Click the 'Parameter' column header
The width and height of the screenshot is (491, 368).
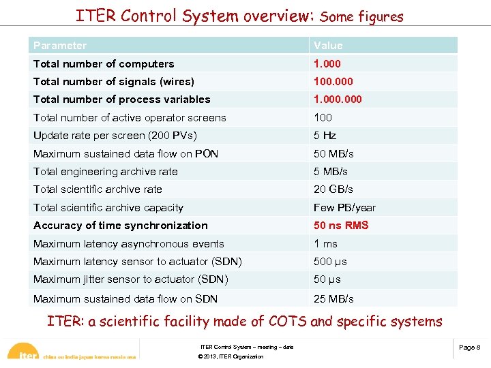[60, 46]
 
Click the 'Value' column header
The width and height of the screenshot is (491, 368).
[328, 46]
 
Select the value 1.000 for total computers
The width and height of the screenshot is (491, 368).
[327, 64]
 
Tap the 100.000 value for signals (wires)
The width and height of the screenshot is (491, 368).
[333, 82]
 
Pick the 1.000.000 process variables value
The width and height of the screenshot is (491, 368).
[338, 99]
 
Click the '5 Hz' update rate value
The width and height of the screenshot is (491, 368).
[325, 136]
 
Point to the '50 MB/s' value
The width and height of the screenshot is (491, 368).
[333, 154]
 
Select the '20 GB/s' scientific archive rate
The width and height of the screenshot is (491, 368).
[333, 189]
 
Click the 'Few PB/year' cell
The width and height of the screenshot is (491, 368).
[344, 208]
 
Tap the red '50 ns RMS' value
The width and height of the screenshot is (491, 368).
[341, 226]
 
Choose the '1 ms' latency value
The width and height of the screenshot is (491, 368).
[325, 244]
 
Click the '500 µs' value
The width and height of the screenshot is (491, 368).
[330, 262]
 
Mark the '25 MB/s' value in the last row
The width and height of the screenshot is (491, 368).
[333, 298]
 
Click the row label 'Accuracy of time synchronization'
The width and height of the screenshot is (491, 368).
[121, 226]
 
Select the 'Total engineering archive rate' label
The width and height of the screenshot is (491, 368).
[105, 172]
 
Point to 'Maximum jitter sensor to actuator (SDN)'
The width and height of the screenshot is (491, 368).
[130, 279]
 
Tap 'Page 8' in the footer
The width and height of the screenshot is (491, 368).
[469, 348]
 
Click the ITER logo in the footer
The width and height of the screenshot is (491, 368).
[26, 353]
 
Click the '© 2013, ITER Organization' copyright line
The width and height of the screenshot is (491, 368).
[230, 357]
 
